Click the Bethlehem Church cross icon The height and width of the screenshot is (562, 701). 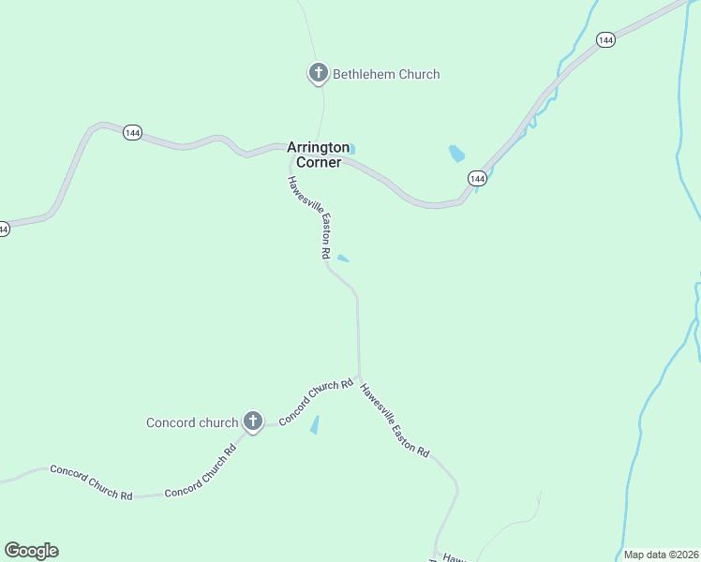(x=318, y=72)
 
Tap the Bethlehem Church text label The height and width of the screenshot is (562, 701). (x=385, y=74)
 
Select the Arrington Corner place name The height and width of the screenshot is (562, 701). (x=319, y=155)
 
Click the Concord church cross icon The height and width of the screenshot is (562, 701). (x=252, y=421)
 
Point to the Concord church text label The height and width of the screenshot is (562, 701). (x=192, y=422)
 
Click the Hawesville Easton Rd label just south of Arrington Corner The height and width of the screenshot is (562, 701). (x=310, y=216)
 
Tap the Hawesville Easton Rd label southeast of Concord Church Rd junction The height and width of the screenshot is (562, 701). (x=395, y=421)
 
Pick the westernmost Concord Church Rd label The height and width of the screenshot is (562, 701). (x=91, y=482)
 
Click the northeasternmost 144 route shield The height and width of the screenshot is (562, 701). (x=605, y=40)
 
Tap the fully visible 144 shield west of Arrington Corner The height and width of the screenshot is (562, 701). (x=132, y=133)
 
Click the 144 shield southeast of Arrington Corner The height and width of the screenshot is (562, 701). (x=477, y=178)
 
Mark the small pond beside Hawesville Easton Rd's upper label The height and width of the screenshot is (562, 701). (x=343, y=259)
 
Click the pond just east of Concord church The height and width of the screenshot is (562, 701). (x=315, y=424)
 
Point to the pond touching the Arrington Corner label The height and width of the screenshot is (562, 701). (x=351, y=149)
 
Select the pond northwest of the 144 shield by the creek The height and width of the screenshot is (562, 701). (x=456, y=154)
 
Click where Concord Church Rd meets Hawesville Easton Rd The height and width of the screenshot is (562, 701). (x=358, y=377)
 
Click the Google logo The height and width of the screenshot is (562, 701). (x=31, y=551)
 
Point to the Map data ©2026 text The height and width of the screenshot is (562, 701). (x=661, y=555)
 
